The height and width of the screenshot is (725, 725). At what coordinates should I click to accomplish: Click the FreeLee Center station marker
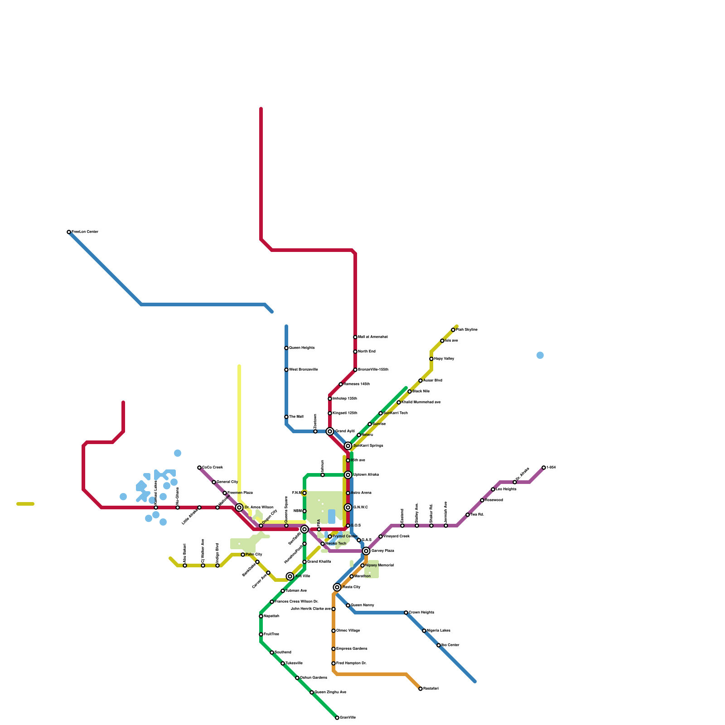pyautogui.click(x=69, y=232)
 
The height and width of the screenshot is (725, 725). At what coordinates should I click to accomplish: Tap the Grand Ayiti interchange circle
pyautogui.click(x=330, y=431)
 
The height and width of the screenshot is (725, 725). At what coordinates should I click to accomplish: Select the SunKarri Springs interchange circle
pyautogui.click(x=348, y=446)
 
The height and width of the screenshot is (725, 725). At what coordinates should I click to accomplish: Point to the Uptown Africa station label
pyautogui.click(x=366, y=475)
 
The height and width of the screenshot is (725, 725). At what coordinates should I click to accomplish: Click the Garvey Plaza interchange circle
pyautogui.click(x=366, y=551)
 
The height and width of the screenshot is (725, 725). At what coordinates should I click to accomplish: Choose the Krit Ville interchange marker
pyautogui.click(x=290, y=576)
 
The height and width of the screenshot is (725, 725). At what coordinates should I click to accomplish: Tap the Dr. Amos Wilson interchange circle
pyautogui.click(x=239, y=507)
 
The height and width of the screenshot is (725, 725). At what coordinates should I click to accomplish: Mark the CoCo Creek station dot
pyautogui.click(x=199, y=468)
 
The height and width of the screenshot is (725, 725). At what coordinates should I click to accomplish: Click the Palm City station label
pyautogui.click(x=254, y=555)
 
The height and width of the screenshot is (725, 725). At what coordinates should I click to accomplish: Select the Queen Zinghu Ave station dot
pyautogui.click(x=312, y=692)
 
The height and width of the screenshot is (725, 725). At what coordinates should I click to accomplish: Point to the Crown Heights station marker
pyautogui.click(x=406, y=613)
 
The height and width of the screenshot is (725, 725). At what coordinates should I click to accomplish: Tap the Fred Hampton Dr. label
pyautogui.click(x=351, y=663)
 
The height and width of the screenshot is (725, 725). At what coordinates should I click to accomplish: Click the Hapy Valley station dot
pyautogui.click(x=431, y=359)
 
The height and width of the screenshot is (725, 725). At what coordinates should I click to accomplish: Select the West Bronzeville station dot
pyautogui.click(x=286, y=370)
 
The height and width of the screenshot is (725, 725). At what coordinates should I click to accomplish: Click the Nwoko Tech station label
pyautogui.click(x=336, y=544)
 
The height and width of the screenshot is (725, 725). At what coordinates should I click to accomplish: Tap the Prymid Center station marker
pyautogui.click(x=330, y=536)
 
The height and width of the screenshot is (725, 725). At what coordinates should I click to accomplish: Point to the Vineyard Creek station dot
pyautogui.click(x=381, y=536)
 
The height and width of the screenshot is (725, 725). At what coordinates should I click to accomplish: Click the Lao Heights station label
pyautogui.click(x=506, y=489)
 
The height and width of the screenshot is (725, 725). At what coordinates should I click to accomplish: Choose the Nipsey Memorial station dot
pyautogui.click(x=362, y=565)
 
